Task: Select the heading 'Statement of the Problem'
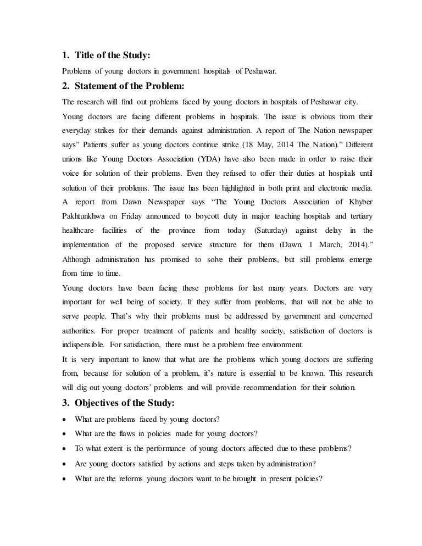pos(127,86)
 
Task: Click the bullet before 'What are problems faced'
pos(65,420)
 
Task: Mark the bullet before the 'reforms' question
pos(65,478)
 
